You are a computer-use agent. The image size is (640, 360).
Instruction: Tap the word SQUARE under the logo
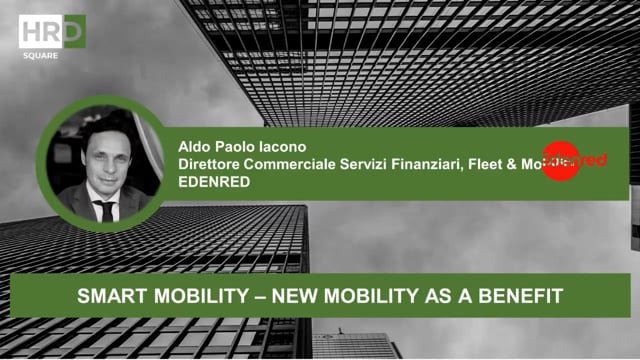pyautogui.click(x=43, y=54)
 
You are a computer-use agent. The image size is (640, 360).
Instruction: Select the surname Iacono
pyautogui.click(x=270, y=145)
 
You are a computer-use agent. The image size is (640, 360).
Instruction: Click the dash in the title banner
pyautogui.click(x=232, y=295)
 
